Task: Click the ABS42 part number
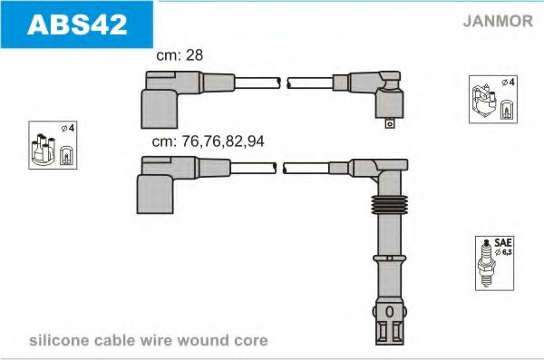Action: [x=76, y=24]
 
